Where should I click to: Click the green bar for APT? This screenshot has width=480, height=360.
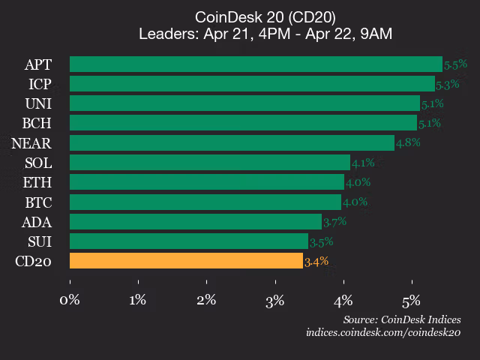[256, 64]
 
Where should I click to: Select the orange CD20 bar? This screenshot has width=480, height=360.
[186, 261]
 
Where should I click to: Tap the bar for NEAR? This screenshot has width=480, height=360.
[232, 142]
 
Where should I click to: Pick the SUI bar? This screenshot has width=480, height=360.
[189, 241]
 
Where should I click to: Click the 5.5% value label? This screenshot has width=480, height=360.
[455, 64]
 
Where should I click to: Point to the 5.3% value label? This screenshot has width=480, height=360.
[448, 84]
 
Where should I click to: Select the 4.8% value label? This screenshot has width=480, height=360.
[407, 142]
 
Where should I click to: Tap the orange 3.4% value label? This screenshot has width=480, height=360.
[316, 262]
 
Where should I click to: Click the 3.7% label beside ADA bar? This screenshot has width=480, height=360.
[334, 222]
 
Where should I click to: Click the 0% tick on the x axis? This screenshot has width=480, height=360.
[70, 301]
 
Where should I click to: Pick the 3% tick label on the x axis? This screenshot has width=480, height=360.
[274, 301]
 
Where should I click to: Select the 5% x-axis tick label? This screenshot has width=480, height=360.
[411, 301]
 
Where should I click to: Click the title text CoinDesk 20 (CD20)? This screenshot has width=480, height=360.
[265, 16]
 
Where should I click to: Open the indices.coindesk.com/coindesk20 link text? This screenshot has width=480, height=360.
[382, 332]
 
